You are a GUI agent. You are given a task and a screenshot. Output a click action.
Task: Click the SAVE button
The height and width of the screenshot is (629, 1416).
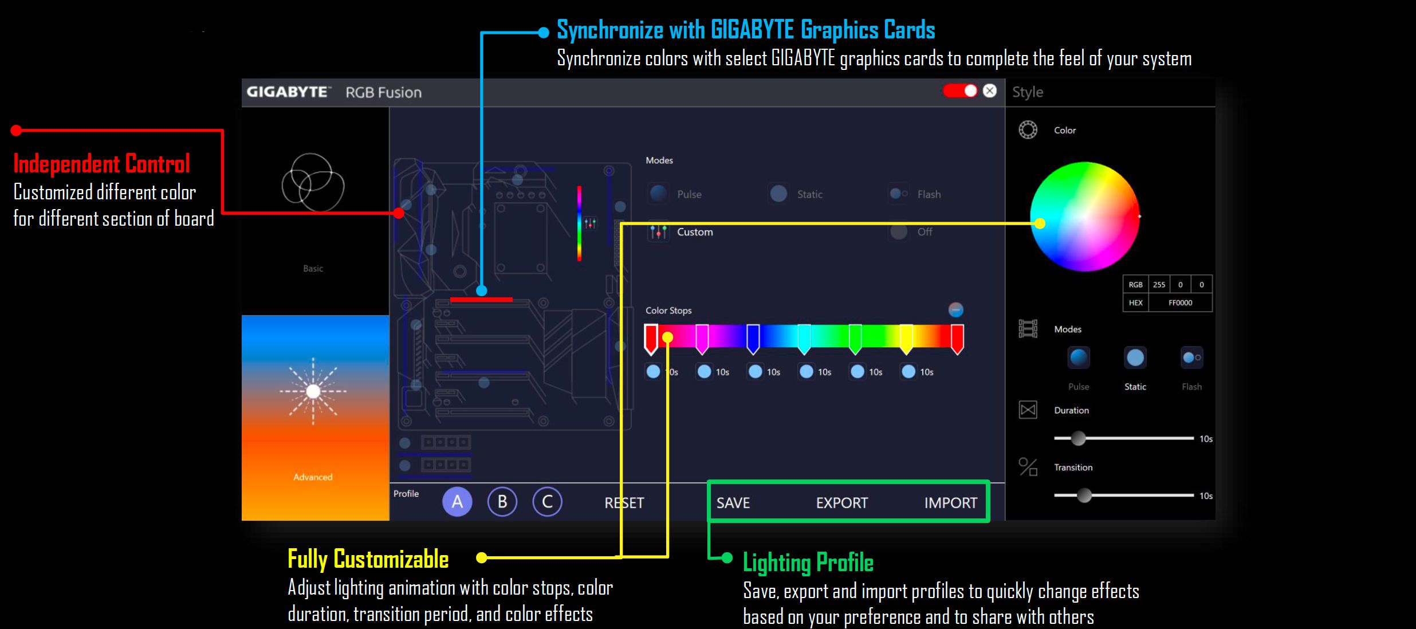click(x=733, y=503)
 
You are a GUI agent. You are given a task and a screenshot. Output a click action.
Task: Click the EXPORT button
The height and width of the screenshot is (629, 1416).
click(x=841, y=503)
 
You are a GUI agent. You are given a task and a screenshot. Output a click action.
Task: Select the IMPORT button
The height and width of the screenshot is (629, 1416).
click(x=950, y=503)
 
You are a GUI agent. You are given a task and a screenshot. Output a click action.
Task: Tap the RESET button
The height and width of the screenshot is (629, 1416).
click(x=624, y=503)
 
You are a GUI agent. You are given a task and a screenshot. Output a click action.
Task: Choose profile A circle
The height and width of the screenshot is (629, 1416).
click(x=457, y=502)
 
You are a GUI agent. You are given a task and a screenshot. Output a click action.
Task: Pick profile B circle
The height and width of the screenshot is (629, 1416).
click(x=502, y=502)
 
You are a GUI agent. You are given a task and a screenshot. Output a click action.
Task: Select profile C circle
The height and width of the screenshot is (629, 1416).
click(x=547, y=502)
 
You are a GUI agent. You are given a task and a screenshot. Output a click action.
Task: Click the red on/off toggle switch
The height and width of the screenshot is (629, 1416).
click(x=960, y=91)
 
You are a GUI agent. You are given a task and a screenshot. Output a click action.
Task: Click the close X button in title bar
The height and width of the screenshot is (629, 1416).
click(x=990, y=91)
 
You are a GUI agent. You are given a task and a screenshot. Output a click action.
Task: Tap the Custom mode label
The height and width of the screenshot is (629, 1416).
click(x=695, y=232)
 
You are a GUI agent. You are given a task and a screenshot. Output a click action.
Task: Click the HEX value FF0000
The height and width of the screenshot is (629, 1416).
click(x=1180, y=303)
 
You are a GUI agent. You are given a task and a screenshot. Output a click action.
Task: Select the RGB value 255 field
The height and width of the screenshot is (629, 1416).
click(x=1159, y=285)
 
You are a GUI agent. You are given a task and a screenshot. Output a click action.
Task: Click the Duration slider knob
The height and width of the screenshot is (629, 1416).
click(x=1078, y=438)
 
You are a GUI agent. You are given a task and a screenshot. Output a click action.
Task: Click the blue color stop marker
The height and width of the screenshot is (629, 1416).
click(x=753, y=338)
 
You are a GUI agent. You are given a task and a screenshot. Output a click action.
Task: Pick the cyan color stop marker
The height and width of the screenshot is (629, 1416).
click(x=804, y=338)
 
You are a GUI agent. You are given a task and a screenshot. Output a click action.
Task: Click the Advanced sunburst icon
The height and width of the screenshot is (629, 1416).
click(x=313, y=391)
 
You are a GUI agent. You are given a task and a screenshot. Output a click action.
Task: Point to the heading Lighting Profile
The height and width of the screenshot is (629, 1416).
click(x=808, y=563)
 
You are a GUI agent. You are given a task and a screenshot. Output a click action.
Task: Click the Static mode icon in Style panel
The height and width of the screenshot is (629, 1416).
click(x=1135, y=358)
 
